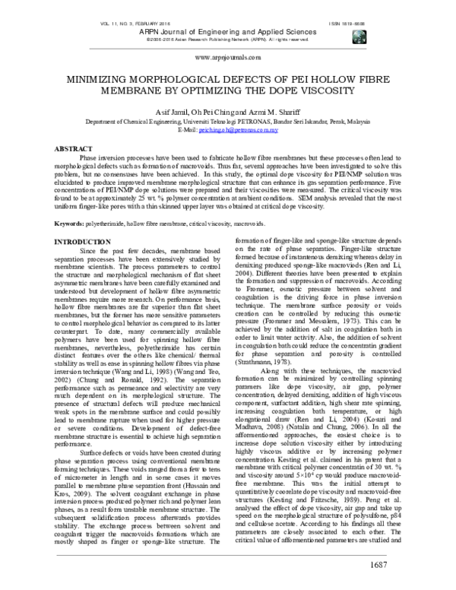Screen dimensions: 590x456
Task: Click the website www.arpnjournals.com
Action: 228,57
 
